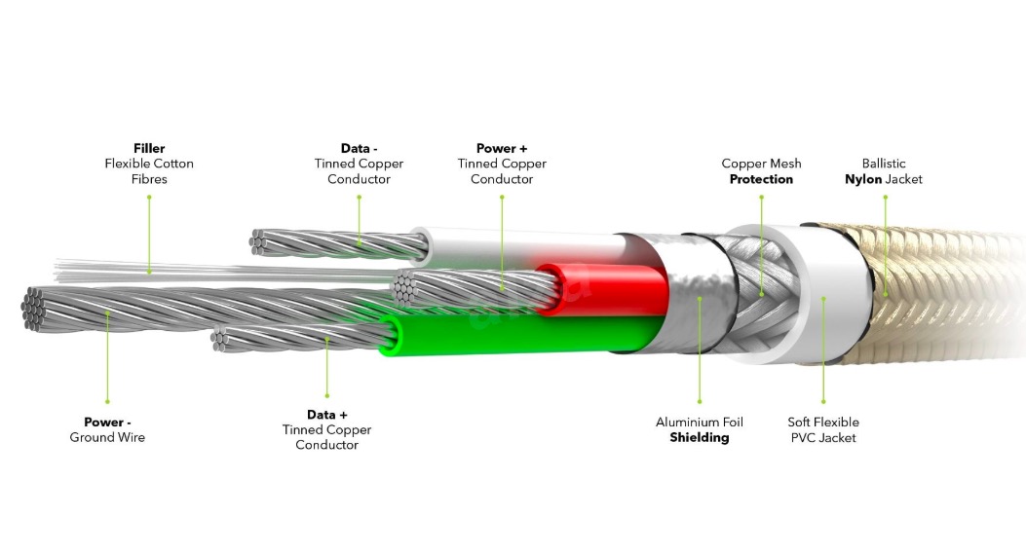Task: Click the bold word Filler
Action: coord(149,148)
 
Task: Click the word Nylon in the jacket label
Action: coord(863,179)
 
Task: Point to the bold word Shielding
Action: coord(699,438)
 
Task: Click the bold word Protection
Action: coord(761,179)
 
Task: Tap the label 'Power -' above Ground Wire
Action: coord(106,423)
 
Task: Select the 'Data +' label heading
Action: coord(326,415)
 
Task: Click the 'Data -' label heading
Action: coord(359,148)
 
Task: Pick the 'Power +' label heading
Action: coord(502,148)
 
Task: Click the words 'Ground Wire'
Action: coord(106,438)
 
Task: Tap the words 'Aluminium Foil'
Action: coord(699,423)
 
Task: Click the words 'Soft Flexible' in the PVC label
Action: coord(823,423)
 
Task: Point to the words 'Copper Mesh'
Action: coord(761,164)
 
